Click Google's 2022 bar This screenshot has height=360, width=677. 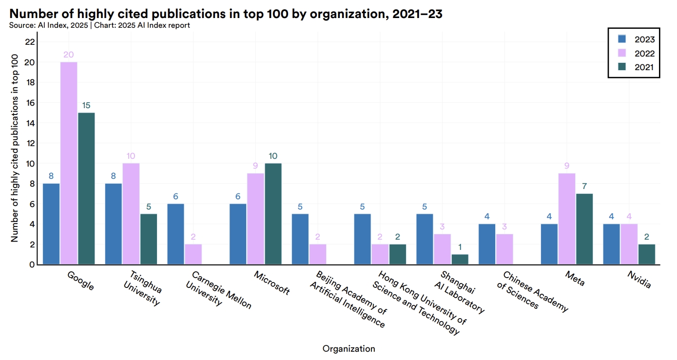click(69, 163)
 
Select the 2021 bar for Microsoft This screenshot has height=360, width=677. click(273, 214)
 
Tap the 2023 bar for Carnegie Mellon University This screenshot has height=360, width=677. click(175, 234)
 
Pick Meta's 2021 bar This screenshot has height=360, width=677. click(584, 229)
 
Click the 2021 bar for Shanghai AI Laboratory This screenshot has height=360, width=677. click(460, 259)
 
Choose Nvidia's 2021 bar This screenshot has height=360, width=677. click(647, 254)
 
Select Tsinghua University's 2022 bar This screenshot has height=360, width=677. click(131, 214)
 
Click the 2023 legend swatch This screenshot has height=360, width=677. click(622, 39)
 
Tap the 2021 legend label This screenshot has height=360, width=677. click(644, 68)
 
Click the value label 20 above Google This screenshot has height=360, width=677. click(69, 55)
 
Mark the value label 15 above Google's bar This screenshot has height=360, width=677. click(86, 105)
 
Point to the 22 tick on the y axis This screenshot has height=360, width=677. click(30, 42)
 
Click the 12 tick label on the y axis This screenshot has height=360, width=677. click(30, 143)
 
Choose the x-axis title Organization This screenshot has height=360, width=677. click(348, 349)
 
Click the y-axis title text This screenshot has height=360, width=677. click(15, 149)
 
